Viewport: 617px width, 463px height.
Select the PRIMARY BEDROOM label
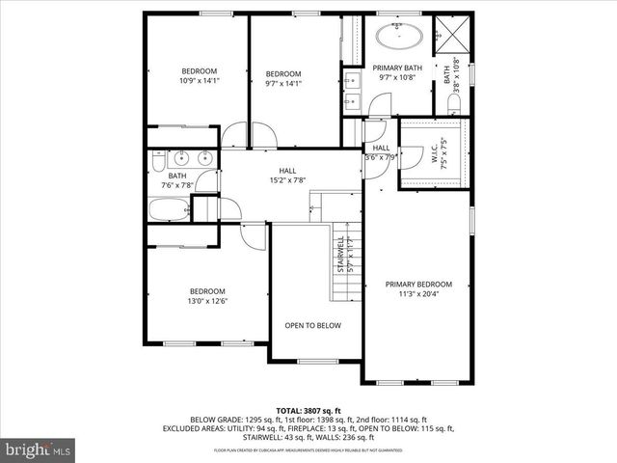(418, 284)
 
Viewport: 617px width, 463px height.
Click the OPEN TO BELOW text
(312, 325)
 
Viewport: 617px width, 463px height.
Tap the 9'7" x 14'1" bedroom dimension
(283, 83)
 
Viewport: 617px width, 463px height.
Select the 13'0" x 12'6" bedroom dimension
(206, 301)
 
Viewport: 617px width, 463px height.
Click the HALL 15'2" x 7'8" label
(287, 175)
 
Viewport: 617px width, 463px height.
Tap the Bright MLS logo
(39, 449)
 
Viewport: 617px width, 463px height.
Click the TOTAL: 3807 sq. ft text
(308, 410)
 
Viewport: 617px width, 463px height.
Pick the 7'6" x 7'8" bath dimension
(177, 185)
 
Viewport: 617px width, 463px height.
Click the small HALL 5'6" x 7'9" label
(380, 152)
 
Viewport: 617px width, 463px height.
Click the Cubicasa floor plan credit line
(308, 450)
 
